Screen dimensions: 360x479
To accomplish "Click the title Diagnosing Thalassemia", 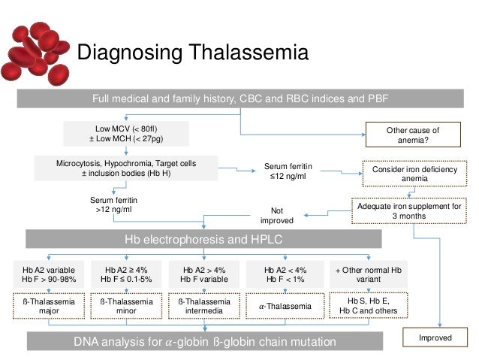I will [x=194, y=53].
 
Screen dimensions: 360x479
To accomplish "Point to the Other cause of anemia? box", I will [x=412, y=135].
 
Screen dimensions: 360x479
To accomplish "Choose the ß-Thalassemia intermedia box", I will [x=203, y=306].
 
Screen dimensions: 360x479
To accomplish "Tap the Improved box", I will [x=435, y=337].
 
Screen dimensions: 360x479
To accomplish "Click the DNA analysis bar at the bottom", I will [x=203, y=342].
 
